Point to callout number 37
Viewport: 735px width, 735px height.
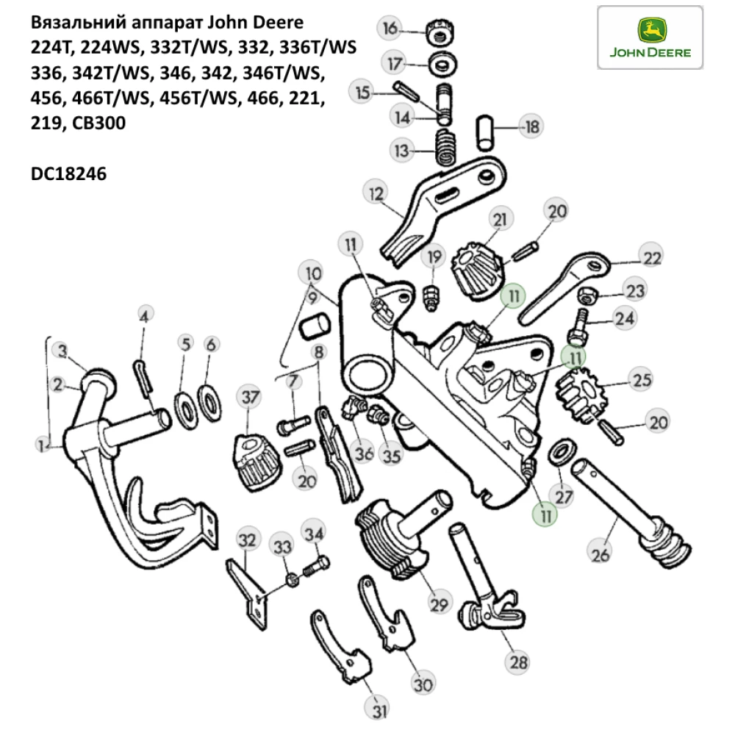251,398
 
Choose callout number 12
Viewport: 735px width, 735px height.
376,196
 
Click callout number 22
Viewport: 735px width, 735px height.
650,258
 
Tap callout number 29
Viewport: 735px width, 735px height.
439,605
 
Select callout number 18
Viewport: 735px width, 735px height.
531,127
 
